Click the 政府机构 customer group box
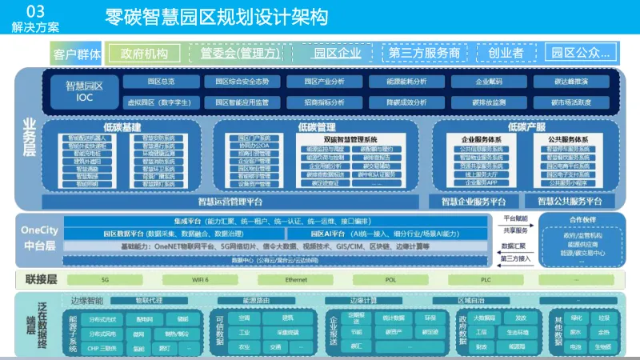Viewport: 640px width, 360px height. [x=144, y=54]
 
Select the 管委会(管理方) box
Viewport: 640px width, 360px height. [x=240, y=54]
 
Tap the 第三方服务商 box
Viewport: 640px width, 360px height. [x=424, y=54]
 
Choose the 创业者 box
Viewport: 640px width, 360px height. [x=506, y=54]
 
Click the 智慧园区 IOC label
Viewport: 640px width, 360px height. [x=85, y=90]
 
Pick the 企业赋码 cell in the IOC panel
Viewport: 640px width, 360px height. [x=489, y=82]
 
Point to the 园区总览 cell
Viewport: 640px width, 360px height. [x=162, y=82]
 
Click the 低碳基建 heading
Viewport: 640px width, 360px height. [x=122, y=127]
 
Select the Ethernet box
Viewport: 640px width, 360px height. [x=296, y=280]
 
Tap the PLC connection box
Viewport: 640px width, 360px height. [x=486, y=280]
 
